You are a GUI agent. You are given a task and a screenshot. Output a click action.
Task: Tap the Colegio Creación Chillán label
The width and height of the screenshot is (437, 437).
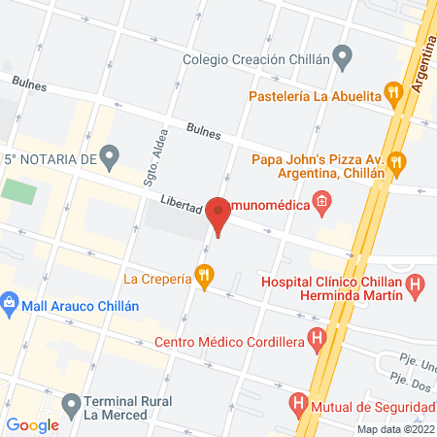254,58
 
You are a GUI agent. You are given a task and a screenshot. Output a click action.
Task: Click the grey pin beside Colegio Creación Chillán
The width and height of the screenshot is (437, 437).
341,55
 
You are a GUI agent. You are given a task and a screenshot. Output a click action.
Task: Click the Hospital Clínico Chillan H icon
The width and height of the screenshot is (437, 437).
416,286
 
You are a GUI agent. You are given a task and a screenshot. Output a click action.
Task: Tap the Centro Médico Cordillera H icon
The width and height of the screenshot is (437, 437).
317,340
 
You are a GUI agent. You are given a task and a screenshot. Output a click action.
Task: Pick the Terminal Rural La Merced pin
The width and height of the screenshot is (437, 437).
71,403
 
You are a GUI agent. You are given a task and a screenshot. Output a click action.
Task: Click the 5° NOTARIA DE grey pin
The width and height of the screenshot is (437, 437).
110,155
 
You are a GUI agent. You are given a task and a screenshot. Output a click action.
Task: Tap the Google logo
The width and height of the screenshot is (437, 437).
33,424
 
